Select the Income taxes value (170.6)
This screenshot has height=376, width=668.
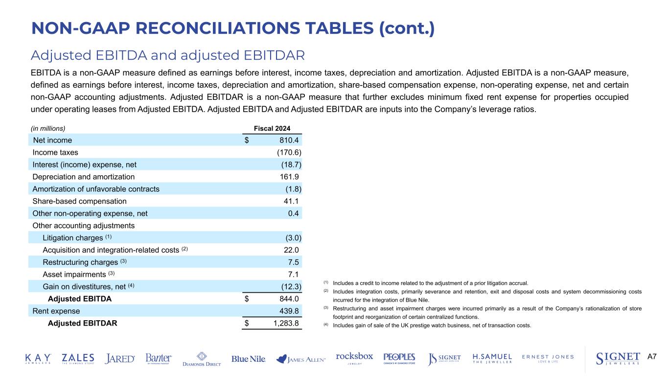point(289,152)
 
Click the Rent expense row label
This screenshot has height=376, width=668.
point(56,311)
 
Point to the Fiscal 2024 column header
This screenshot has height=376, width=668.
point(272,128)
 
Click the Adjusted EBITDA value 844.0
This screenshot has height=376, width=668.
point(288,299)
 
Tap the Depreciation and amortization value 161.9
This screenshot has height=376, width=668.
point(288,177)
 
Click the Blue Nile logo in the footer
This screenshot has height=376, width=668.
point(249,359)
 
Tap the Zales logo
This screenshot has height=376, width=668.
point(78,359)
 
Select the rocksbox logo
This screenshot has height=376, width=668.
point(354,358)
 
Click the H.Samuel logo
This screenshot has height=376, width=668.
point(492,359)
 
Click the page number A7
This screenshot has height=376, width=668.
point(652,357)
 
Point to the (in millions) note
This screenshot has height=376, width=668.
point(48,128)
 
